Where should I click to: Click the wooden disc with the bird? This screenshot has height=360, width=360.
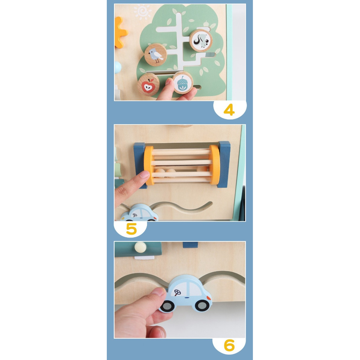pos(155,55)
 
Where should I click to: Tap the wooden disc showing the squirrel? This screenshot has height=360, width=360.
pos(201,41)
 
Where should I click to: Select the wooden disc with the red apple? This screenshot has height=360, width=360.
pos(148,85)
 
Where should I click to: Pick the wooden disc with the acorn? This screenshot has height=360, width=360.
pos(183,83)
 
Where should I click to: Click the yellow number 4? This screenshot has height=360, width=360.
pos(229,110)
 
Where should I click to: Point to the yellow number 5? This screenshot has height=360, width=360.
pos(131,229)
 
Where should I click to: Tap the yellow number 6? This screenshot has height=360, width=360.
pos(229,346)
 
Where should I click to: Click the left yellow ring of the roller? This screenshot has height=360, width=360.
pos(148,165)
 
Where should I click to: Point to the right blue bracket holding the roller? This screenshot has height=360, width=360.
pos(224,164)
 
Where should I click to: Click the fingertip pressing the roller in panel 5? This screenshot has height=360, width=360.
pos(143,175)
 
